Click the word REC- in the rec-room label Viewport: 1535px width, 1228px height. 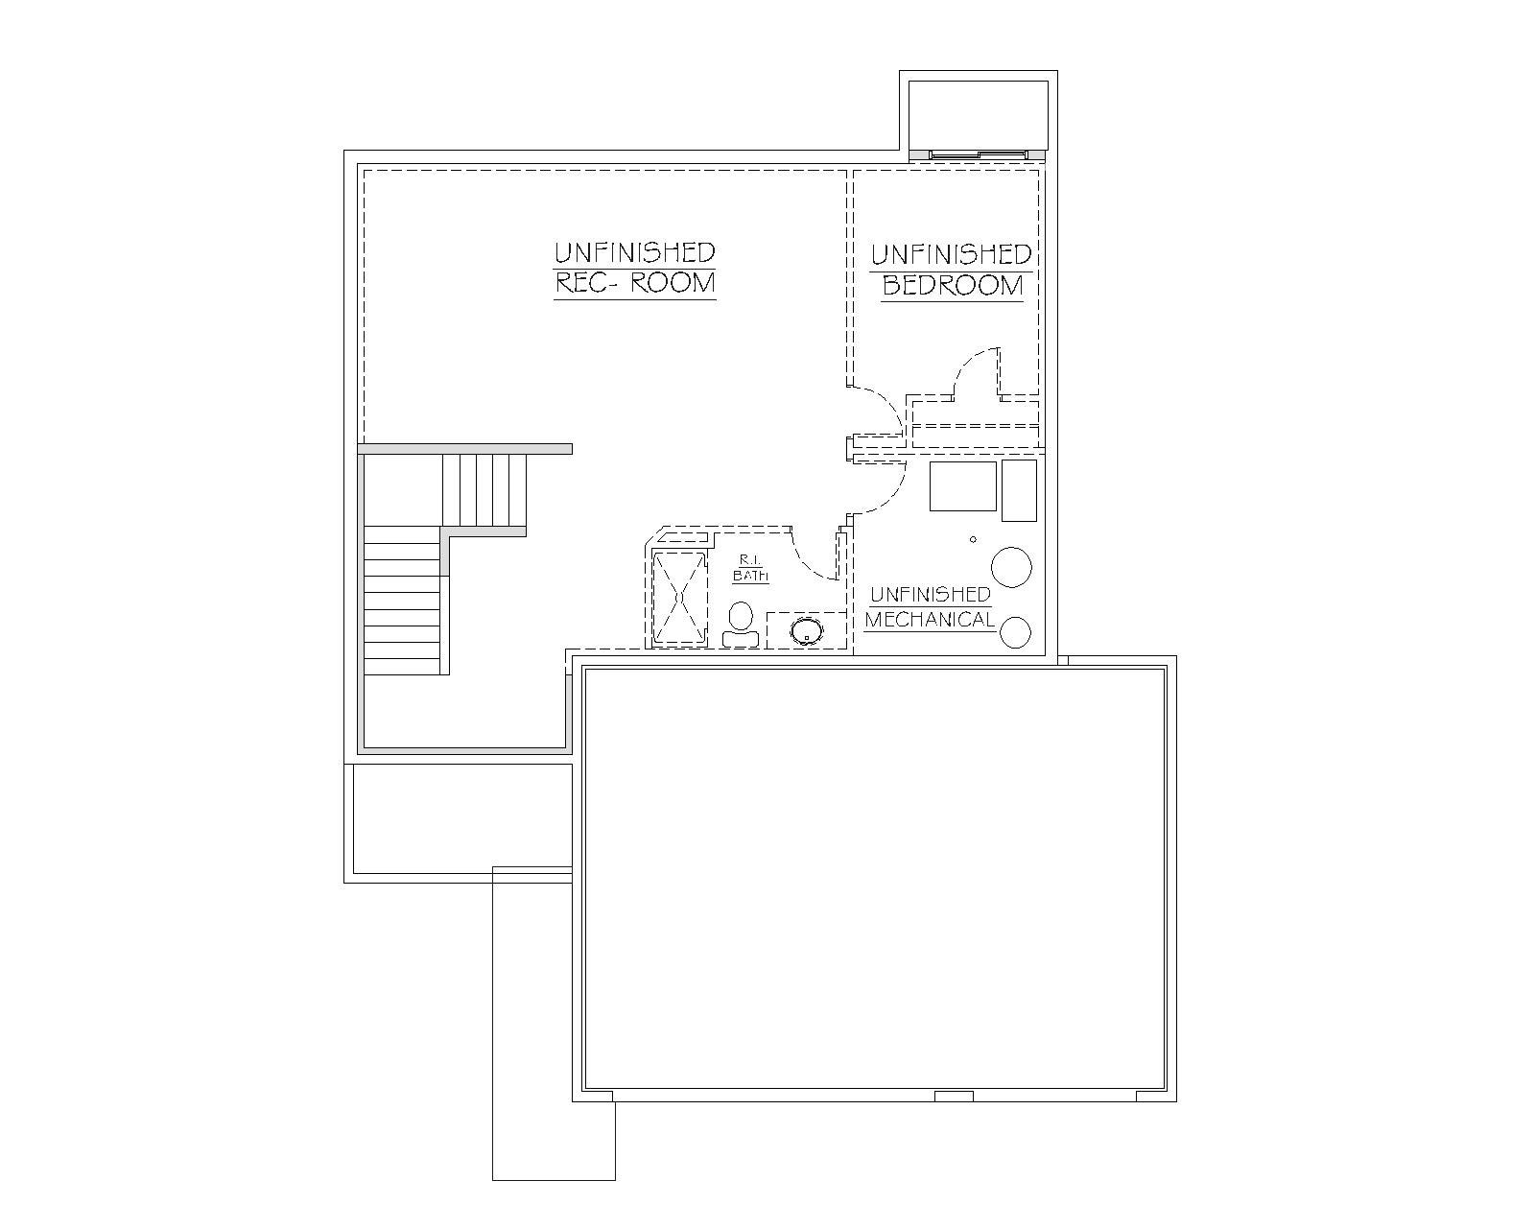pos(583,283)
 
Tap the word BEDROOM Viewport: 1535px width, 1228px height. pos(953,286)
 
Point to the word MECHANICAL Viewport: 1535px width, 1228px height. pos(930,620)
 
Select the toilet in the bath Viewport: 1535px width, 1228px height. pos(741,626)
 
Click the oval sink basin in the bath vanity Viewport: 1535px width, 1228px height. pos(807,631)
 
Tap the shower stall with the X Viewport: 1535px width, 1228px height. pos(680,598)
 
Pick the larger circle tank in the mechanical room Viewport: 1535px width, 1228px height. pos(1011,567)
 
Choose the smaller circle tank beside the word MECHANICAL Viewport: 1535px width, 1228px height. pos(1015,633)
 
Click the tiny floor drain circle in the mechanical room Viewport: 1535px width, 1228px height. pos(973,539)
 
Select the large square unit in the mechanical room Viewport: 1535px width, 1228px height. pos(963,485)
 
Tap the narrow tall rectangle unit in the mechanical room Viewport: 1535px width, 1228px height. pos(1019,490)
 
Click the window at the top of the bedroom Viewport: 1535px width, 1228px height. pos(979,154)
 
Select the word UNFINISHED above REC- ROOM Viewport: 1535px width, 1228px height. pos(635,252)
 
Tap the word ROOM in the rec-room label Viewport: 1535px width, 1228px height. pos(673,283)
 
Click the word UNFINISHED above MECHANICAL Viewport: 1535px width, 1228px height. pos(931,595)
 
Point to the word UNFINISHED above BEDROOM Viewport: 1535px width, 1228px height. pos(952,255)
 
